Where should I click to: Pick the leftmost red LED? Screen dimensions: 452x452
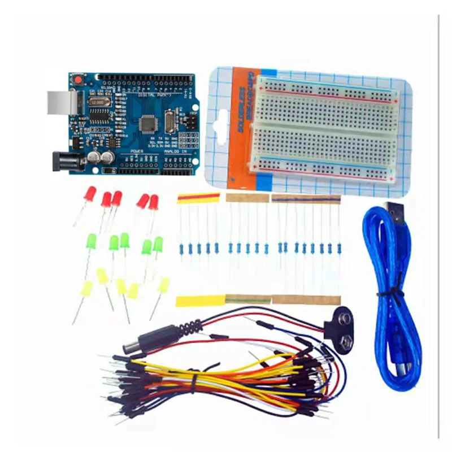(x=89, y=195)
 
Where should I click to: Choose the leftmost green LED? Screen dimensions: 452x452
(x=90, y=242)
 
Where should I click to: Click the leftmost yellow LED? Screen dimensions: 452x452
(x=86, y=289)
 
